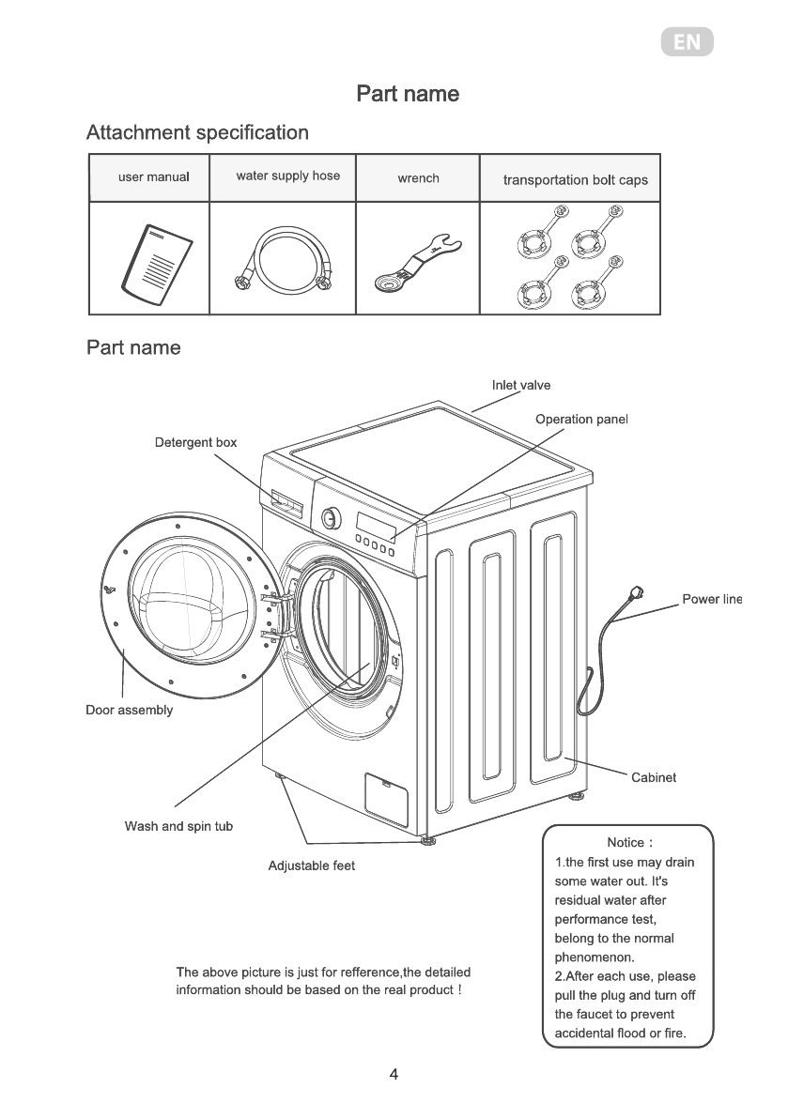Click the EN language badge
[x=687, y=43]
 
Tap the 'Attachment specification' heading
[x=197, y=132]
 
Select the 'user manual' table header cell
[x=154, y=176]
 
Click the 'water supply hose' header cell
[x=287, y=176]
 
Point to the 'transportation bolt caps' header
[x=575, y=179]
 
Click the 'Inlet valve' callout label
[x=521, y=385]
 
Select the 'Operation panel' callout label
[x=581, y=419]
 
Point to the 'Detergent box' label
[x=195, y=442]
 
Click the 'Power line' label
[x=712, y=599]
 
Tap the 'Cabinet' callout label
[x=654, y=777]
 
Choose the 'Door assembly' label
[x=130, y=710]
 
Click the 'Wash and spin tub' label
[x=178, y=826]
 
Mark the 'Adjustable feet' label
[x=312, y=865]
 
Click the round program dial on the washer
[x=331, y=517]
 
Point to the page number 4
[x=394, y=1075]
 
